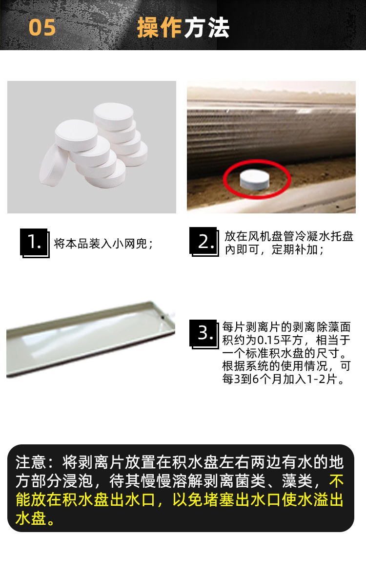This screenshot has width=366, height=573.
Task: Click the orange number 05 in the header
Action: pos(42,27)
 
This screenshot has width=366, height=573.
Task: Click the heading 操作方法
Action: pos(183,28)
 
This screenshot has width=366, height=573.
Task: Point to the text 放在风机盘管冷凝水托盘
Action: pos(289,236)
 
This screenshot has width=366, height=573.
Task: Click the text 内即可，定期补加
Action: pos(271,249)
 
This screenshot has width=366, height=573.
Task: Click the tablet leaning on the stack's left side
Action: pos(54,165)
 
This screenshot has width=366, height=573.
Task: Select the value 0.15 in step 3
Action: pos(268,340)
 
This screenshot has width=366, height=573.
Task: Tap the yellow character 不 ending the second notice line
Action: pos(336,481)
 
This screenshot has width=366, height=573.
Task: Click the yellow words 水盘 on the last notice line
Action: pos(31,518)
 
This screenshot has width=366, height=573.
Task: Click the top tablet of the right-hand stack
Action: pos(113,116)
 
